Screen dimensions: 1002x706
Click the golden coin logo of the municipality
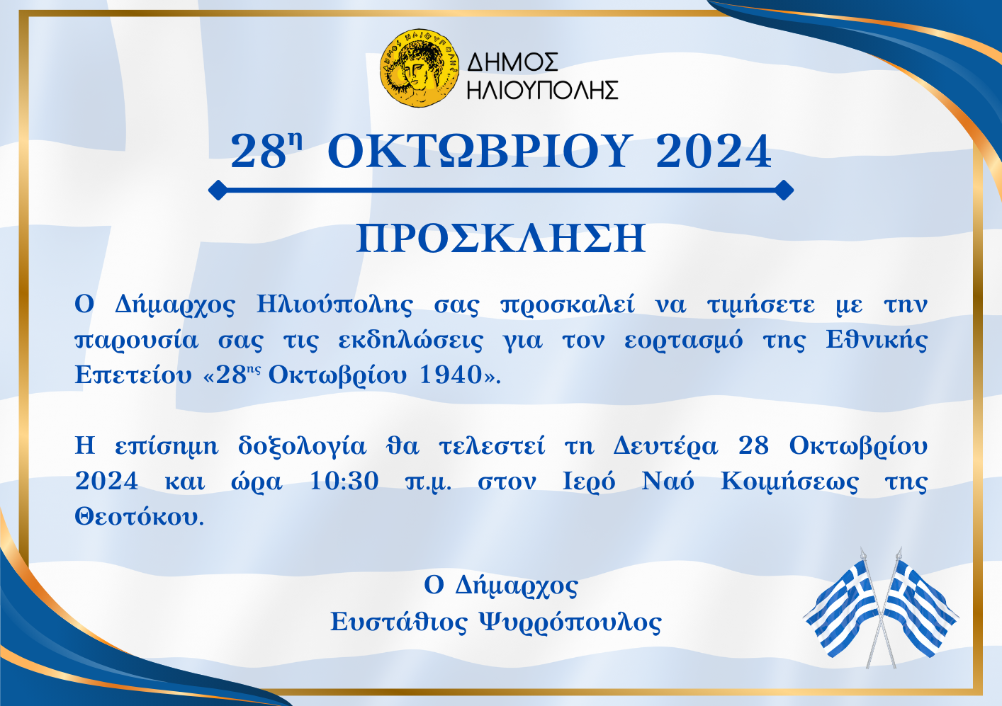(419, 68)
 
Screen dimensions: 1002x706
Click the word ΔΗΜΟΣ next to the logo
(512, 62)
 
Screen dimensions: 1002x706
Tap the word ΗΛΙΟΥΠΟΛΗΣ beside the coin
(543, 90)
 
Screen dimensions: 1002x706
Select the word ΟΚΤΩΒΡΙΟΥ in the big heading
(480, 152)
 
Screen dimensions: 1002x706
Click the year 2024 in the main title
(714, 152)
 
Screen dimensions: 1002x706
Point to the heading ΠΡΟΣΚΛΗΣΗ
(501, 239)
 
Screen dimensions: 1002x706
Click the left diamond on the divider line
(218, 190)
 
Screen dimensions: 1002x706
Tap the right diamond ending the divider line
(784, 190)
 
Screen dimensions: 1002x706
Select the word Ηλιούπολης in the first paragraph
(334, 305)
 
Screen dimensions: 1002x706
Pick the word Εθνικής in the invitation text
(877, 340)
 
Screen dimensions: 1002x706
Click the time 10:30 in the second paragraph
(344, 482)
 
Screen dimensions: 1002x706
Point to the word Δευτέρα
(665, 446)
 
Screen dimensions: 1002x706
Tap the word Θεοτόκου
(139, 517)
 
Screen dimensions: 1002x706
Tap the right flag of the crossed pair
(919, 608)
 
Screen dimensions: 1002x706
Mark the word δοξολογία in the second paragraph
(302, 446)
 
